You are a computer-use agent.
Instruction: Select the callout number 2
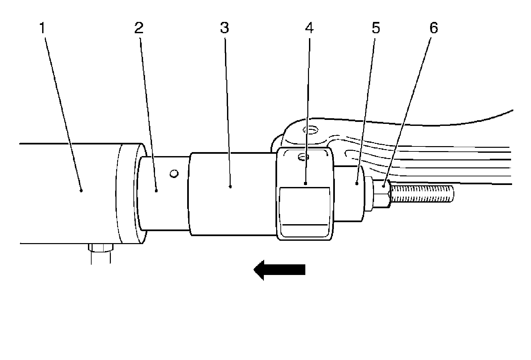(x=139, y=28)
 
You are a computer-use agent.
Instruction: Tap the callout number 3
(x=224, y=28)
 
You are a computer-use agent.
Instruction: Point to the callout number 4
(x=309, y=28)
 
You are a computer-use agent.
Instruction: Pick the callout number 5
(x=375, y=28)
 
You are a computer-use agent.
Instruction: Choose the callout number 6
(x=434, y=28)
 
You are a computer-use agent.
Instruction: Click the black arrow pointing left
(x=279, y=269)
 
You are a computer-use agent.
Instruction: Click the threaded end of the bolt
(x=421, y=194)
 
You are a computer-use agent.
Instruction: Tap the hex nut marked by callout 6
(x=382, y=194)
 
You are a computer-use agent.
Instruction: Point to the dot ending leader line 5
(x=356, y=183)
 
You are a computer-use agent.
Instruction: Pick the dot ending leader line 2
(x=156, y=190)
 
